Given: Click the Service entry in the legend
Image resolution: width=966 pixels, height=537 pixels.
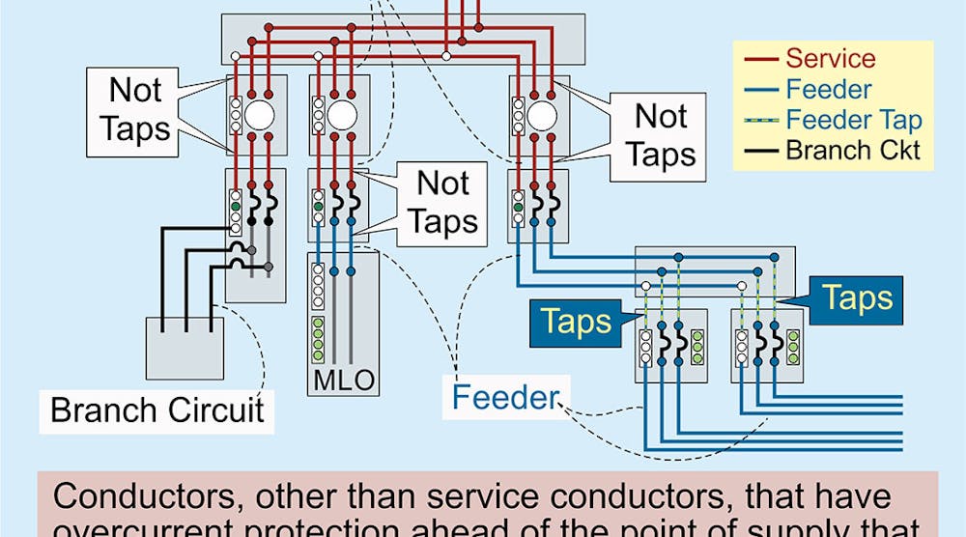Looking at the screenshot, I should pos(829,59).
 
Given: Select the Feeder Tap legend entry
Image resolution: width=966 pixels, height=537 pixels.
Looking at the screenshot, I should pos(854,121).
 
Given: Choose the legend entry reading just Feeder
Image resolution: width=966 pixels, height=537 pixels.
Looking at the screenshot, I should pos(829,90).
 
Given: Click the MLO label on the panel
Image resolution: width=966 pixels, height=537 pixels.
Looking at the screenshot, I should pos(343,380).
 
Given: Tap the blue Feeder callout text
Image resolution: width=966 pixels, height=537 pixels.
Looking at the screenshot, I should pos(505,397).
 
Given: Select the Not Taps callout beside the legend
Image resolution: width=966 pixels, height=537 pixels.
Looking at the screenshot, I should pos(661,135).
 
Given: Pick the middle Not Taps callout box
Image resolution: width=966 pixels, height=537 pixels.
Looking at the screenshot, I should pos(442,202).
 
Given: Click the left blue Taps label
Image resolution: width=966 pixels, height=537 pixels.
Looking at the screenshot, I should pos(578,321).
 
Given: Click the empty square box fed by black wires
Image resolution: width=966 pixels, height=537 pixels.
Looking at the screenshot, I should pos(183,348).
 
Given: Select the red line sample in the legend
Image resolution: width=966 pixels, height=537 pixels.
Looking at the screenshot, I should pos(760,60).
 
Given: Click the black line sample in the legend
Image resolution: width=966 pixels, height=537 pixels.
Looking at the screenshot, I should pos(760,151).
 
